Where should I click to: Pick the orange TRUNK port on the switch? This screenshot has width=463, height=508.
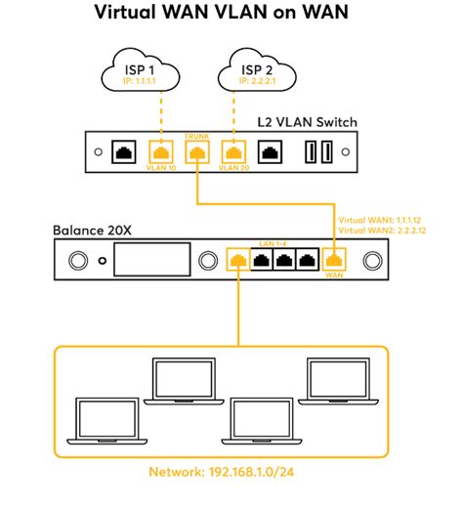197,151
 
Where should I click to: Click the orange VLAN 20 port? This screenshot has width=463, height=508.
232,152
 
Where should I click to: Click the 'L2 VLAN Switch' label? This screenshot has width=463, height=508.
314,122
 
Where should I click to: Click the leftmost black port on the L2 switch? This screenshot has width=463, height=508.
124,152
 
